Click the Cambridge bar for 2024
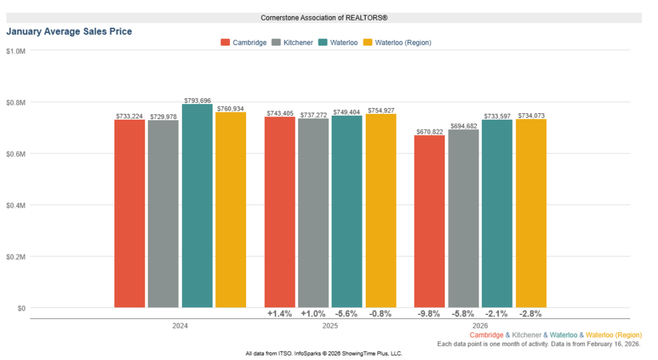130,213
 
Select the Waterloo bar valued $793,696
197,206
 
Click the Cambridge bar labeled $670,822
430,221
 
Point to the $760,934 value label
231,109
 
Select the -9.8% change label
430,314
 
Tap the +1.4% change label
280,314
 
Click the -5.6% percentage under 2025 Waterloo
346,314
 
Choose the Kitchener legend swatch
277,42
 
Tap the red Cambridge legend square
225,42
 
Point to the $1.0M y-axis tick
15,51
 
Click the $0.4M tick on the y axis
15,205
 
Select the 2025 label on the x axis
330,326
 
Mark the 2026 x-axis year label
480,326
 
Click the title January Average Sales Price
69,31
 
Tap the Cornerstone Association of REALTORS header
324,17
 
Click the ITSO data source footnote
324,354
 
